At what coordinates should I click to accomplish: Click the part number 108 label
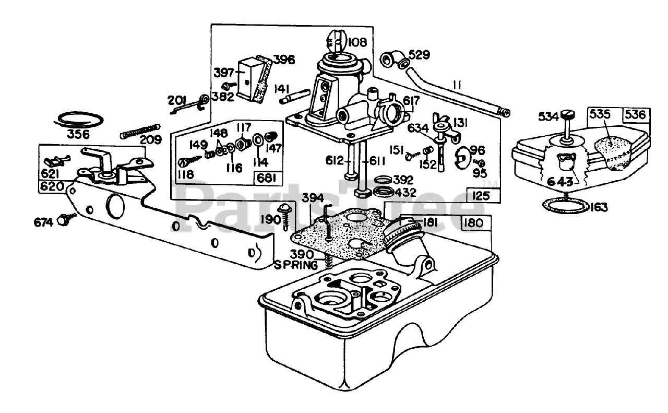[x=357, y=42]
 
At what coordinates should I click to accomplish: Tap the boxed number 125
[x=481, y=196]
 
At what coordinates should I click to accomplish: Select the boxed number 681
[x=267, y=178]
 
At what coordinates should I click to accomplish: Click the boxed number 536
[x=636, y=115]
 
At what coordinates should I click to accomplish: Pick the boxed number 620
[x=52, y=186]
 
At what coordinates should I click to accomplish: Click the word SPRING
[x=296, y=265]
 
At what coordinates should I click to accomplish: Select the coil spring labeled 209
[x=140, y=132]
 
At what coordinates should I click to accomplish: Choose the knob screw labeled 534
[x=566, y=125]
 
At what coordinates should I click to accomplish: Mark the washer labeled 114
[x=258, y=139]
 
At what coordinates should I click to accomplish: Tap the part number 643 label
[x=560, y=182]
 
